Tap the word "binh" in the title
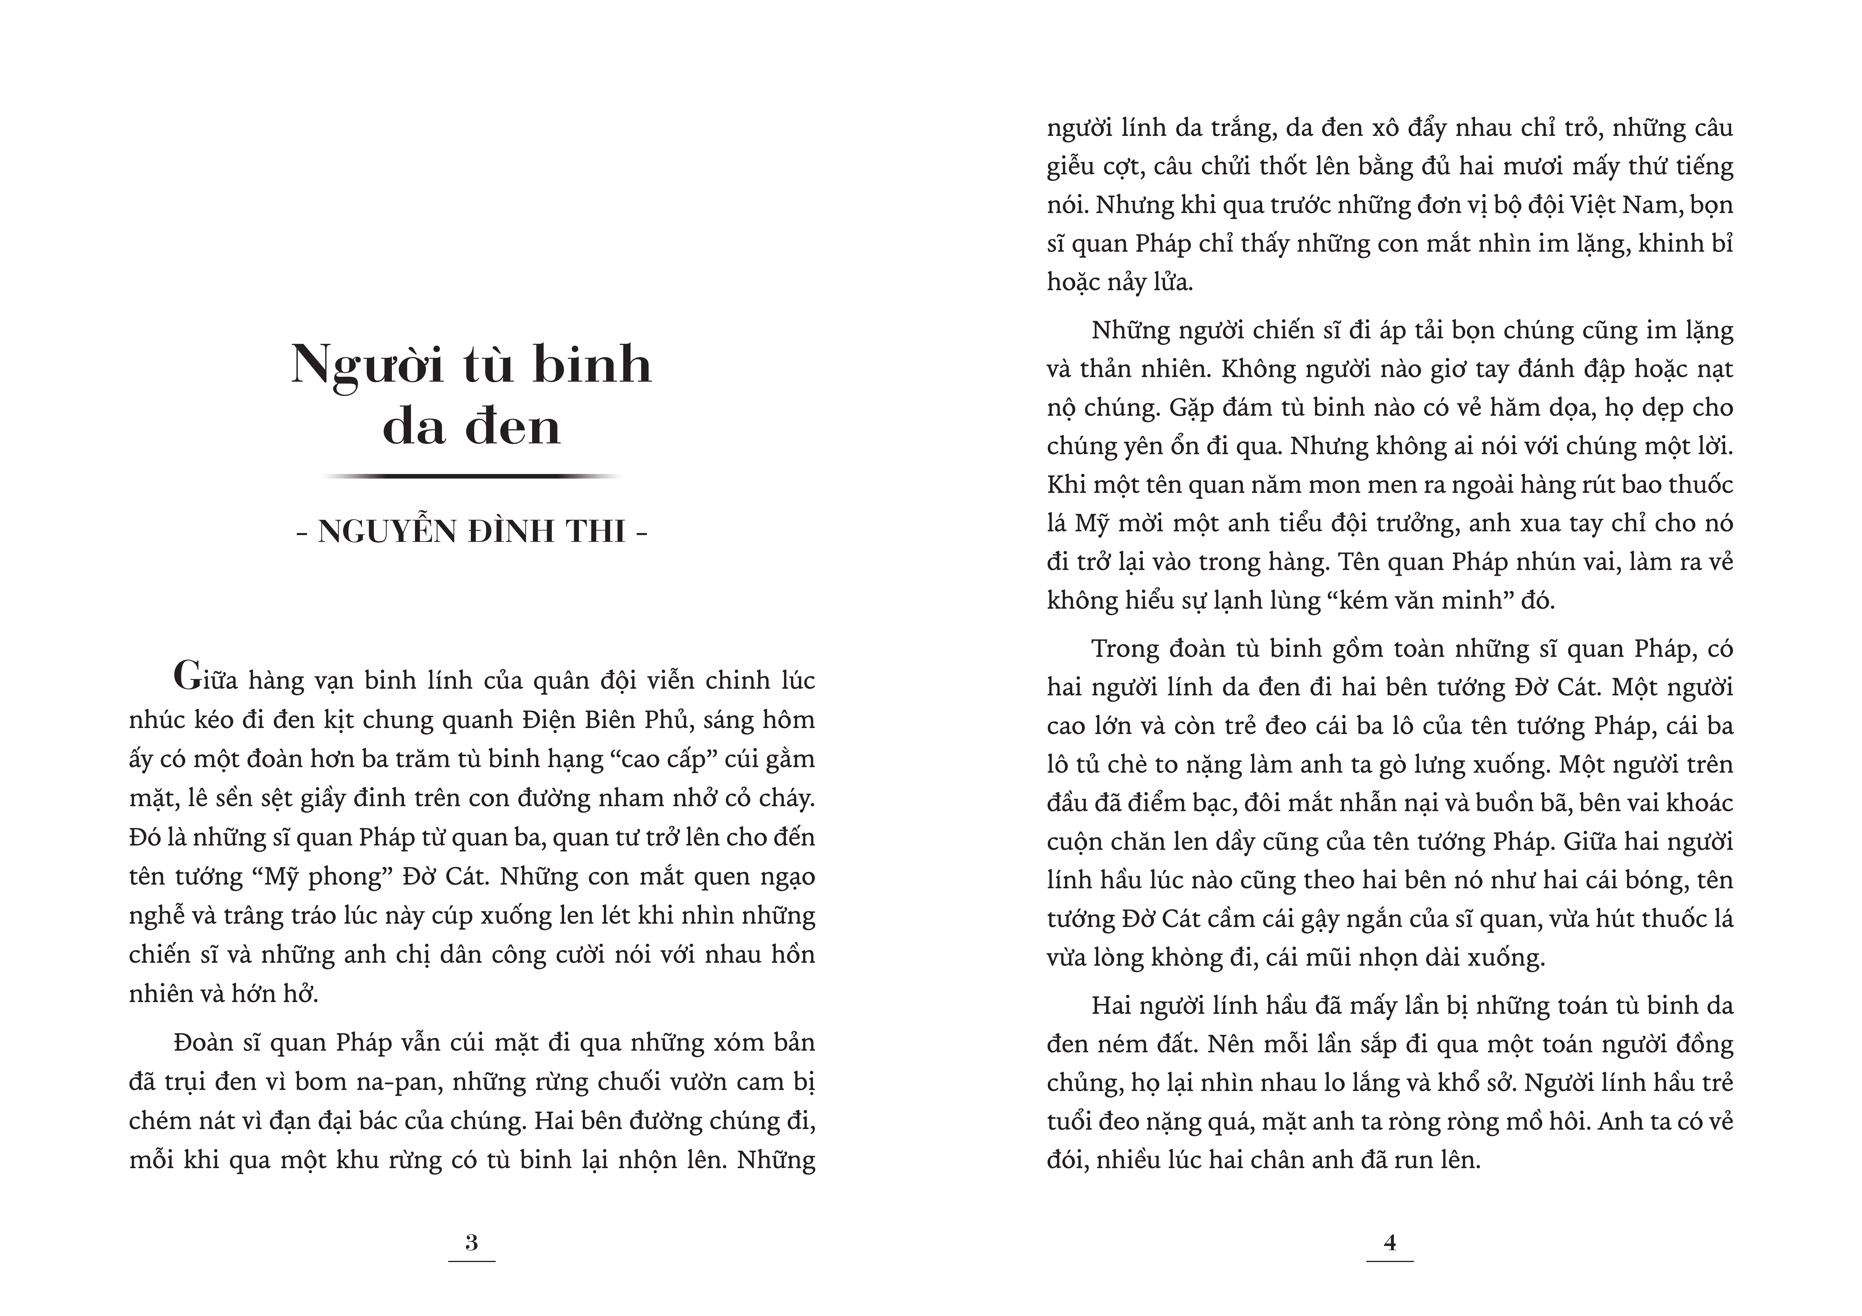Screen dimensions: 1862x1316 pyautogui.click(x=592, y=365)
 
